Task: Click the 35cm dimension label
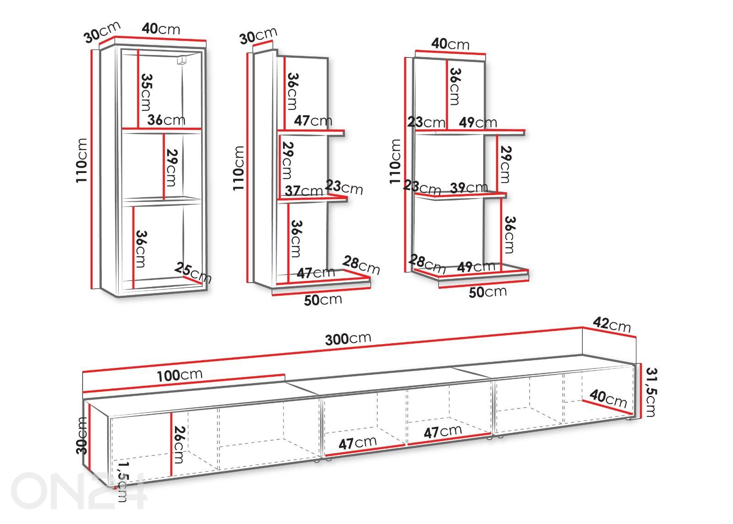click(x=146, y=92)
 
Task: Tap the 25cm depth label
click(x=193, y=272)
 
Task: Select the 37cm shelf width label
click(x=304, y=191)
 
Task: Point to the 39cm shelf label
click(x=469, y=188)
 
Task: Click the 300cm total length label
click(x=348, y=339)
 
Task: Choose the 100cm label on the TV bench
click(x=179, y=375)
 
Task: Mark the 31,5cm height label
click(x=651, y=392)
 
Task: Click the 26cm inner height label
click(x=179, y=444)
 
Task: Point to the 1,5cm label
click(x=123, y=481)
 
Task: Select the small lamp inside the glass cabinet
click(x=181, y=60)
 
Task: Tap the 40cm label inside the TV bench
click(x=608, y=399)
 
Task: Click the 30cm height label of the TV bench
click(x=82, y=436)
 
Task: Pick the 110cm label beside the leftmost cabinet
click(x=82, y=161)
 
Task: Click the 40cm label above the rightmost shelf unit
click(x=450, y=43)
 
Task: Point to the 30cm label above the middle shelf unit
click(x=258, y=35)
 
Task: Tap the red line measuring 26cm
click(x=171, y=444)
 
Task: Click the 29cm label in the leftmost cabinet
click(x=171, y=167)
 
